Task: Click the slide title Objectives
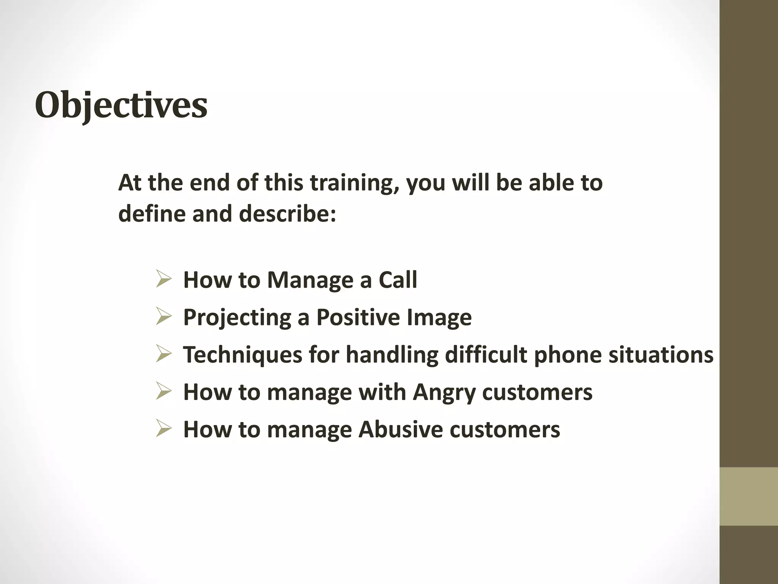tap(121, 105)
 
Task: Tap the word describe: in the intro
tap(288, 214)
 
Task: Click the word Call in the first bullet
tap(398, 280)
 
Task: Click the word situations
tap(661, 354)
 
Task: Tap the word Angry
tap(444, 392)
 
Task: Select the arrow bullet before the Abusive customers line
tap(164, 429)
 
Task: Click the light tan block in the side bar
tap(748, 497)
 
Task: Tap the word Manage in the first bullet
tap(310, 281)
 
